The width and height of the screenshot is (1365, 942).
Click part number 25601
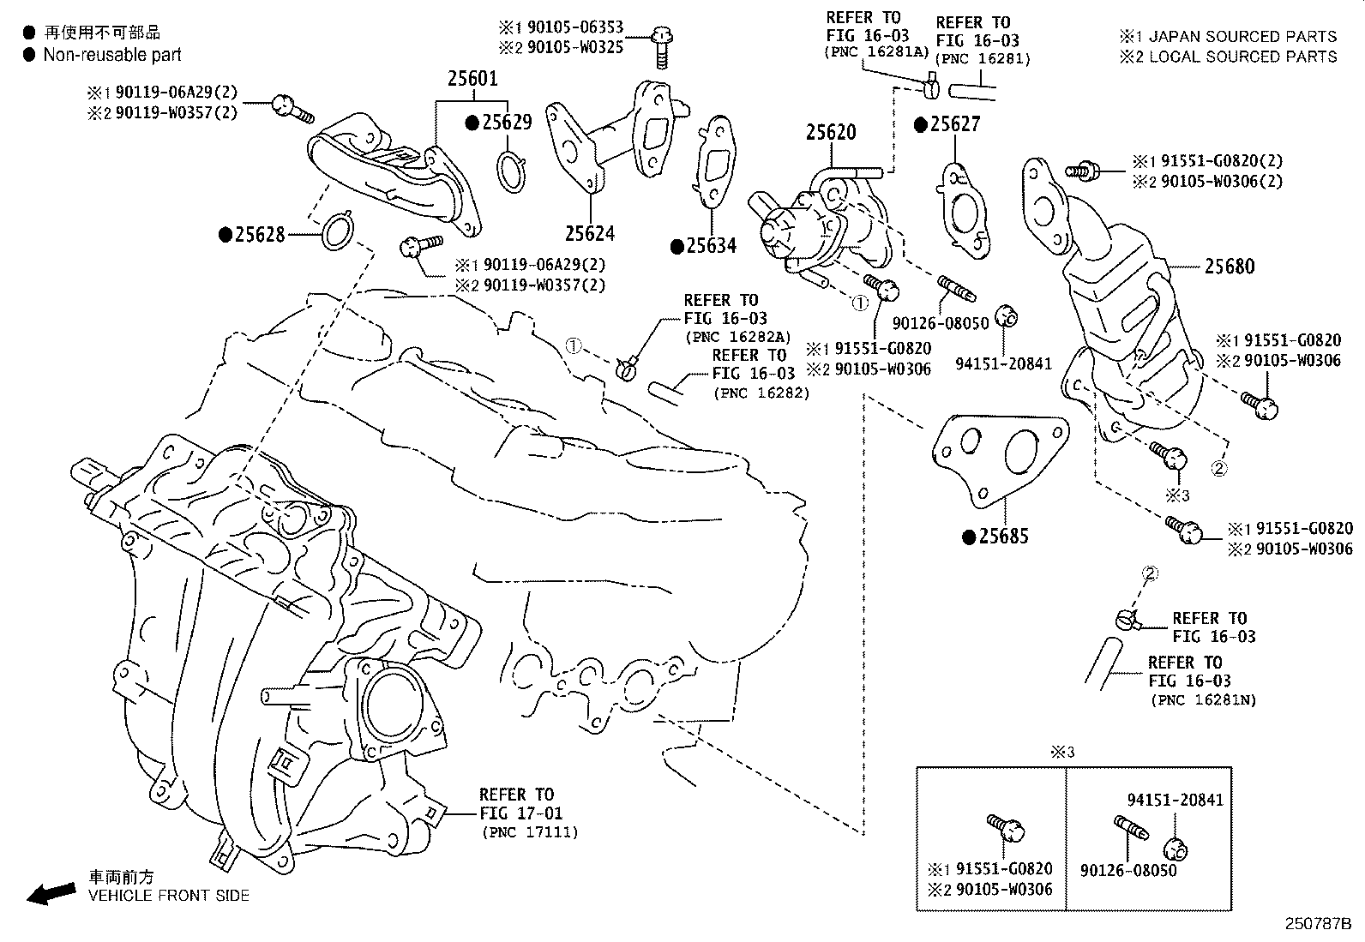(x=472, y=79)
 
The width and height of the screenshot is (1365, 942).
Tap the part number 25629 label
(x=506, y=123)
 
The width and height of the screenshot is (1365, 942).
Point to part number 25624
(x=589, y=233)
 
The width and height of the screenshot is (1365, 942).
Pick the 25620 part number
(x=830, y=133)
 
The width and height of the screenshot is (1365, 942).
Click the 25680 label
(x=1229, y=267)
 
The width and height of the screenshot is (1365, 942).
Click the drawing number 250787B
(x=1317, y=924)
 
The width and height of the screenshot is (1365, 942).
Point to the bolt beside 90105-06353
(x=661, y=45)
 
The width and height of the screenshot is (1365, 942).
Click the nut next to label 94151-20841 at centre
(x=1007, y=316)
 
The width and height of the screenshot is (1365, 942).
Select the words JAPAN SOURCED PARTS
(x=1242, y=36)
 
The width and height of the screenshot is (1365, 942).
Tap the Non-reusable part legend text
(x=112, y=55)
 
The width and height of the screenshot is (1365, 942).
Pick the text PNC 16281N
(x=1205, y=699)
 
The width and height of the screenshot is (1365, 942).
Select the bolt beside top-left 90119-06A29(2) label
(x=287, y=106)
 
